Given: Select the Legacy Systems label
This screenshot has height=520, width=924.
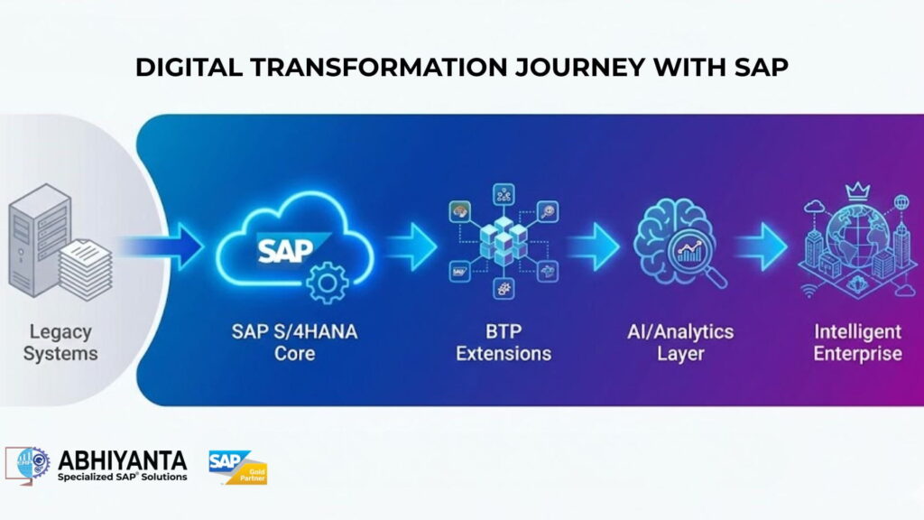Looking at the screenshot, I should [x=59, y=342].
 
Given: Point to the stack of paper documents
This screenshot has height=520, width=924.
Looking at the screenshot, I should [x=86, y=268].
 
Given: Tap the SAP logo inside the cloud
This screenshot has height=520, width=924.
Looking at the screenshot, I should [x=286, y=247].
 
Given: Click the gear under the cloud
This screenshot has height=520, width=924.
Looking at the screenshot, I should [x=327, y=283].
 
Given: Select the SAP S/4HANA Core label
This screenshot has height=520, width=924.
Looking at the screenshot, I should [x=294, y=342].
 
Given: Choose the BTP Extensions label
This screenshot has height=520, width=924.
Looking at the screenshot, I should [x=503, y=342].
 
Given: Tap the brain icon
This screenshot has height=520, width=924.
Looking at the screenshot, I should [x=672, y=237].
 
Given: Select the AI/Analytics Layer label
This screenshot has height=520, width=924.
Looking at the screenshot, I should [x=680, y=342].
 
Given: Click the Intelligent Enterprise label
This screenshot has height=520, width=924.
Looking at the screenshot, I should [x=856, y=342].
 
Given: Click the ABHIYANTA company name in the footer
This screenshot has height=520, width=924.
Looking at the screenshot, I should [x=122, y=460].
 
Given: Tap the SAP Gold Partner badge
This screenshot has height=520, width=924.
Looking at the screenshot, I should [x=238, y=467].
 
